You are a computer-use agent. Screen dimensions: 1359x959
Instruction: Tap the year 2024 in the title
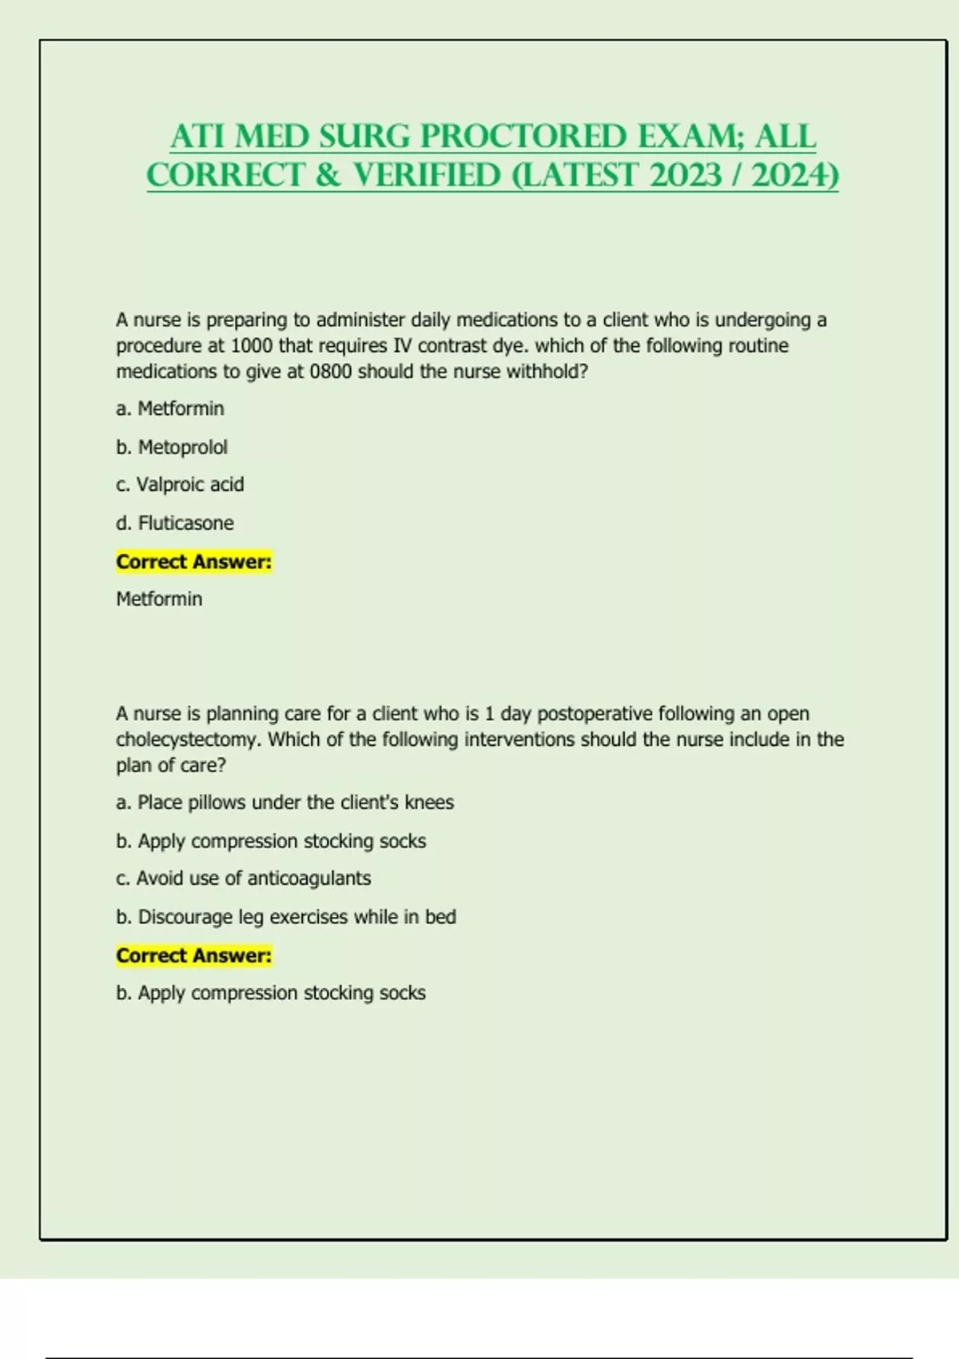[x=794, y=175]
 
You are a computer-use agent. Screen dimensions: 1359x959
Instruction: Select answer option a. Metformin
[x=169, y=408]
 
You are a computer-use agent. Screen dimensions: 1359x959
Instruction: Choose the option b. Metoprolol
[x=172, y=447]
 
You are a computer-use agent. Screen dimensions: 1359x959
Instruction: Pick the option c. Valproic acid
[x=180, y=484]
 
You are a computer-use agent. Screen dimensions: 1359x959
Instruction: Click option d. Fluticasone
[x=175, y=523]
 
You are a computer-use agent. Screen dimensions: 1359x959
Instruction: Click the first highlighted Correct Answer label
[x=194, y=562]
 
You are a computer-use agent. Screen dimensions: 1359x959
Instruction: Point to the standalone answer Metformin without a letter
[x=159, y=599]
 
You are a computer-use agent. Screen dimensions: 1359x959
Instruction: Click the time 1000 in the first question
[x=252, y=346]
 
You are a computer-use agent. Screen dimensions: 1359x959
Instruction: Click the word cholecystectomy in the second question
[x=187, y=739]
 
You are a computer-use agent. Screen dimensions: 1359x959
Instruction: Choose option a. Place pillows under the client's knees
[x=285, y=802]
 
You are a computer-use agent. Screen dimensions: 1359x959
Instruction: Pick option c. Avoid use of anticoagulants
[x=244, y=878]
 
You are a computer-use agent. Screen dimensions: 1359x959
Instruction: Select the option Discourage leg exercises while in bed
[x=286, y=917]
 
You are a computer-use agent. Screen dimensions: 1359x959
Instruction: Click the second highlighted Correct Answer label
[x=194, y=955]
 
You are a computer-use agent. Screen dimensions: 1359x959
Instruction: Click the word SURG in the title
[x=364, y=137]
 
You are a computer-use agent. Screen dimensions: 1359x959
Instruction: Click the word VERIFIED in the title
[x=427, y=175]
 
